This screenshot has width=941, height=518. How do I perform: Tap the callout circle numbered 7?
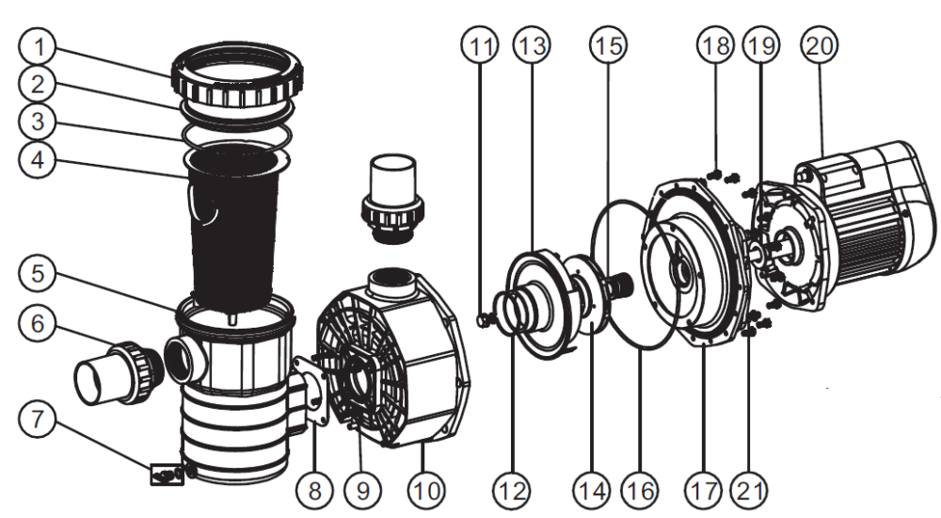point(40,419)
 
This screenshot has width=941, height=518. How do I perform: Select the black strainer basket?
point(235,226)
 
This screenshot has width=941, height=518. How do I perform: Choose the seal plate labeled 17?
point(696,264)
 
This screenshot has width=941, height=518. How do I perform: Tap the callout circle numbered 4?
point(40,159)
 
